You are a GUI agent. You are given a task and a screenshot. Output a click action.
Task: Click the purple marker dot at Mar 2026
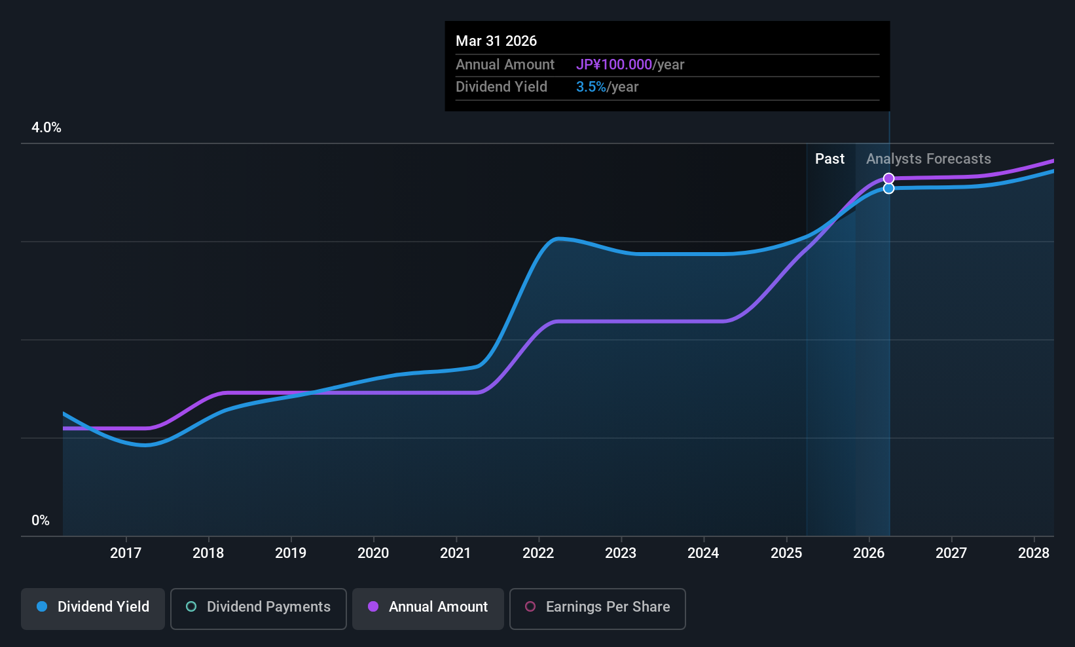(888, 179)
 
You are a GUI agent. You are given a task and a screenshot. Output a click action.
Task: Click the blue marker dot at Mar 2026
(888, 189)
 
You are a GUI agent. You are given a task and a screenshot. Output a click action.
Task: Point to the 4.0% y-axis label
(46, 128)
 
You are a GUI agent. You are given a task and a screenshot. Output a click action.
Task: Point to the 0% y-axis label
(41, 521)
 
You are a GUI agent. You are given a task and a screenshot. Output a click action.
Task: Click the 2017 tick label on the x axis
(126, 553)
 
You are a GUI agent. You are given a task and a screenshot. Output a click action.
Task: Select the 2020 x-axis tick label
(373, 553)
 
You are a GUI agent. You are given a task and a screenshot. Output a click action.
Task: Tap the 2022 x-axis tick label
(538, 553)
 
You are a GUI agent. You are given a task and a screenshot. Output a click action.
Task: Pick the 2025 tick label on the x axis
(786, 553)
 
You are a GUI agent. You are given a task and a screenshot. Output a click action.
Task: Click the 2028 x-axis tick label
(1034, 553)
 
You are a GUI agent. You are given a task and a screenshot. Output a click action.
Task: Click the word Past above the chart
(829, 159)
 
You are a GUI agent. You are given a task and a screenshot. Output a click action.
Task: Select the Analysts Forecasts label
(928, 159)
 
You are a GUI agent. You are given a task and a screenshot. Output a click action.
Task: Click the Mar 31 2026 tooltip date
(496, 41)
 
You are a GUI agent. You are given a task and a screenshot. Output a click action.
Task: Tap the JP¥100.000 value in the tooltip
(614, 65)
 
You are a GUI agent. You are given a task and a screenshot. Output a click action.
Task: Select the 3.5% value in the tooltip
(591, 87)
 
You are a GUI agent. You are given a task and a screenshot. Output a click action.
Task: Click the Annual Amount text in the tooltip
(505, 65)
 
